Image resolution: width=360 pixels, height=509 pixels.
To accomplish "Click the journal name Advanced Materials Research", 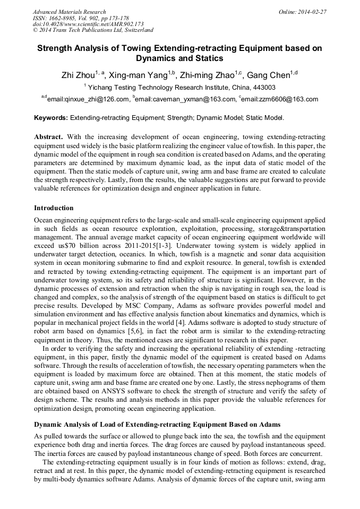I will pyautogui.click(x=70, y=12).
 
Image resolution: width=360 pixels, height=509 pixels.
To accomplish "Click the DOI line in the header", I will pyautogui.click(x=88, y=24).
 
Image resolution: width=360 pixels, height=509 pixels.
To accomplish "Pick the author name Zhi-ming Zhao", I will pyautogui.click(x=208, y=75).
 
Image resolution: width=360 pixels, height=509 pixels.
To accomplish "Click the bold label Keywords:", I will pyautogui.click(x=51, y=118).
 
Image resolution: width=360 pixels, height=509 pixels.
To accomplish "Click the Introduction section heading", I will pyautogui.click(x=54, y=208).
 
